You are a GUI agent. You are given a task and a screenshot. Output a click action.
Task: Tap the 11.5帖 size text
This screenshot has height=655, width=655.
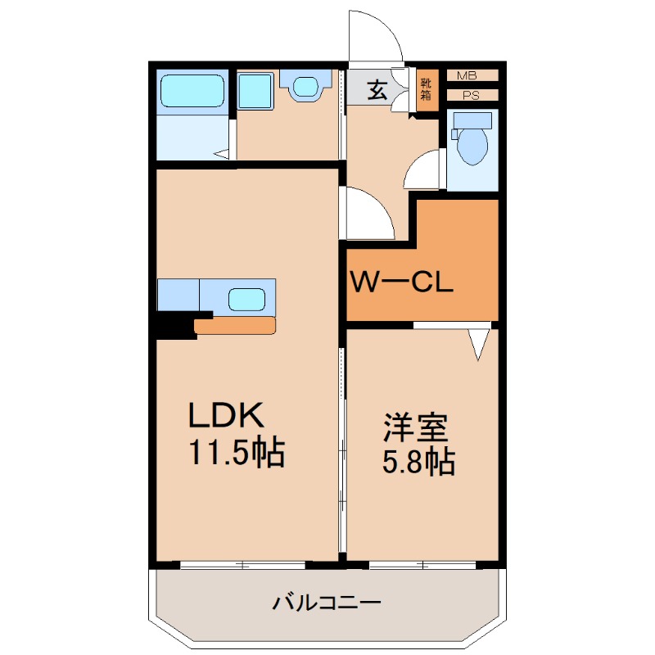point(237,452)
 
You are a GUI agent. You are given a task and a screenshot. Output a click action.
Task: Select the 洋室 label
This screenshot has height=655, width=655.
point(416,427)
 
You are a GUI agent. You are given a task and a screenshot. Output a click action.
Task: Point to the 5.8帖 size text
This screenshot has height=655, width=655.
point(418,463)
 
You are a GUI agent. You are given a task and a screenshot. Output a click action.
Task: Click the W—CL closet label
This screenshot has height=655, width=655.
point(401,283)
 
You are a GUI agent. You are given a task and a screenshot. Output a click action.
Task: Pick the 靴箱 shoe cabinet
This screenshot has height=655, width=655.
point(426,89)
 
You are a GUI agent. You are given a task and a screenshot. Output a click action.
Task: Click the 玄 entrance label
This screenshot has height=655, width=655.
point(376,89)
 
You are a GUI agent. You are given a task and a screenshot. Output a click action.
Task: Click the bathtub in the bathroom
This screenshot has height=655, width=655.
point(192,91)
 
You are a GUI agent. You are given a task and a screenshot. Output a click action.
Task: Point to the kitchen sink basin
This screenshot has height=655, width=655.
point(246,298)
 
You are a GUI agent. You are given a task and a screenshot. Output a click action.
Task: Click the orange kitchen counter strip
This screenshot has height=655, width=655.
point(236,326)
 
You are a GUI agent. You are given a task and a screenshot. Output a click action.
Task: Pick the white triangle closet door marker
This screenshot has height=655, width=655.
point(479,343)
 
